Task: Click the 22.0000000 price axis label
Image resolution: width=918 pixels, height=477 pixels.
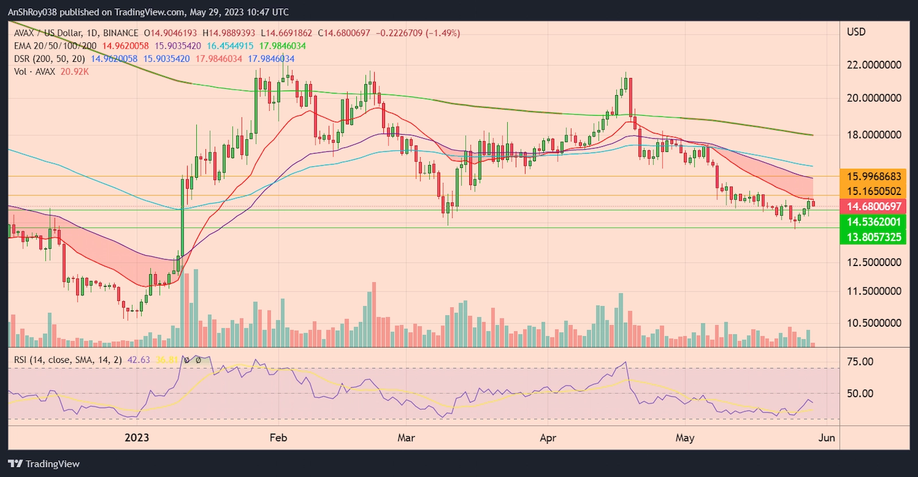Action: tap(874, 65)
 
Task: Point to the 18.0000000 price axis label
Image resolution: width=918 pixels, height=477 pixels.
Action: tap(874, 135)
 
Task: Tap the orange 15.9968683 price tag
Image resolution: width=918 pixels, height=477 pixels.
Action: tap(874, 177)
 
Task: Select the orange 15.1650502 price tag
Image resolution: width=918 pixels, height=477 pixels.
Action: tap(874, 191)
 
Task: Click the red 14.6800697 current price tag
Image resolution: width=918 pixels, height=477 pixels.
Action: tap(874, 206)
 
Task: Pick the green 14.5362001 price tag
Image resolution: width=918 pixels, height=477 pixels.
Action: tap(874, 222)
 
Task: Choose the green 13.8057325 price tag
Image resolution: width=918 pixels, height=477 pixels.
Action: tap(874, 237)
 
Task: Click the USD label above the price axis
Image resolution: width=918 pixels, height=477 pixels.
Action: tap(856, 32)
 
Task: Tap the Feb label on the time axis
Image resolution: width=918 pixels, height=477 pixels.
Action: tap(278, 437)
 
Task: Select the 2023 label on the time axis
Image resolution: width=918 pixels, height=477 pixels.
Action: tap(137, 437)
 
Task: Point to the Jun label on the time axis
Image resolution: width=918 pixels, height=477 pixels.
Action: tap(826, 437)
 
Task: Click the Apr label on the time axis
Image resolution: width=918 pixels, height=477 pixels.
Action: tap(548, 437)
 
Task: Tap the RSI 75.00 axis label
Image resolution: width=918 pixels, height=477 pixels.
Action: tap(860, 362)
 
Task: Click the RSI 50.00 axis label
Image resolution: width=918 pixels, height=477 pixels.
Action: tap(860, 393)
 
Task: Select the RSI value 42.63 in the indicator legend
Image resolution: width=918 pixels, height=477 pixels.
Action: tap(138, 360)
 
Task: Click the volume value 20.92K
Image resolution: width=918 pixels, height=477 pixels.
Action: tap(75, 72)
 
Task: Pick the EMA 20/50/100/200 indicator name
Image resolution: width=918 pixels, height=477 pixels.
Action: tap(55, 46)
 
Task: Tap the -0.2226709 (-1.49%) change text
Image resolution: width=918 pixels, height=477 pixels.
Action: tap(418, 33)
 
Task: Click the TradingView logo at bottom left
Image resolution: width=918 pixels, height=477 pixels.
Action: tap(44, 464)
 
